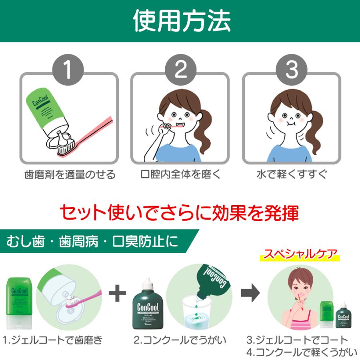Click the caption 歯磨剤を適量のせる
[70, 175]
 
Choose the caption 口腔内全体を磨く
[181, 175]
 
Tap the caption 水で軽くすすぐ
[292, 175]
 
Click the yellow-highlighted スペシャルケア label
[298, 254]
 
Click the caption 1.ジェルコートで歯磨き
[53, 341]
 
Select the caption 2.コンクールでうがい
[180, 341]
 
